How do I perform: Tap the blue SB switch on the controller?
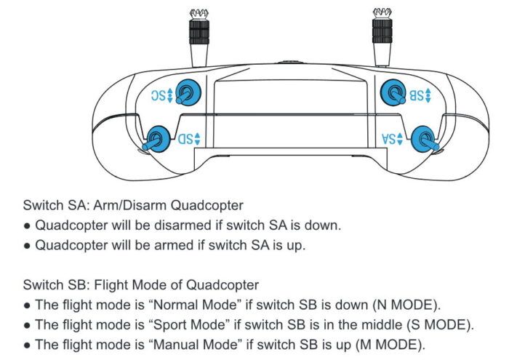pos(395,93)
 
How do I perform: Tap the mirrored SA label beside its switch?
pos(394,138)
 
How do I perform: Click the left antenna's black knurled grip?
pos(196,33)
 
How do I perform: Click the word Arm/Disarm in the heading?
pos(127,206)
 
